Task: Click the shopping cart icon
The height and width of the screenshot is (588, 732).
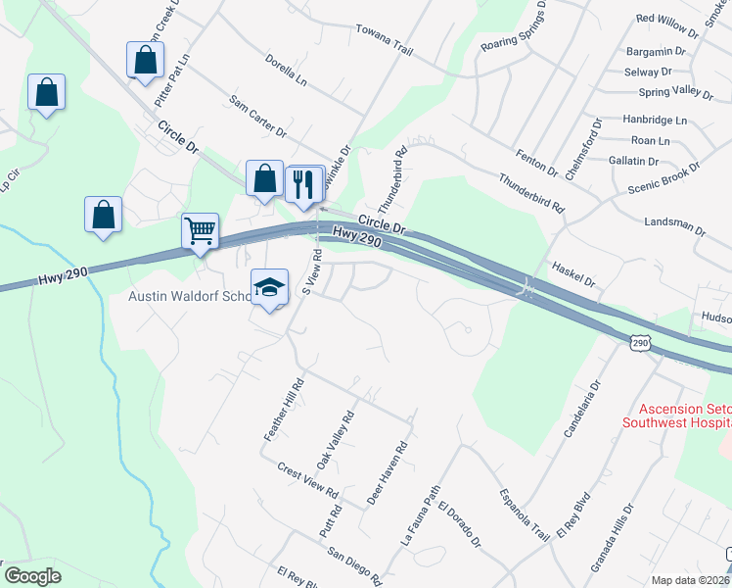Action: (200, 231)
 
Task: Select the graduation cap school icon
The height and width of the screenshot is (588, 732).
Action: (269, 286)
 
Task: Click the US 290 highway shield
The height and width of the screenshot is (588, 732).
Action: (640, 342)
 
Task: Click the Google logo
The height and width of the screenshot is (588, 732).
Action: (32, 575)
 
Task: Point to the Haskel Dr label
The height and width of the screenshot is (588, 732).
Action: (573, 273)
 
